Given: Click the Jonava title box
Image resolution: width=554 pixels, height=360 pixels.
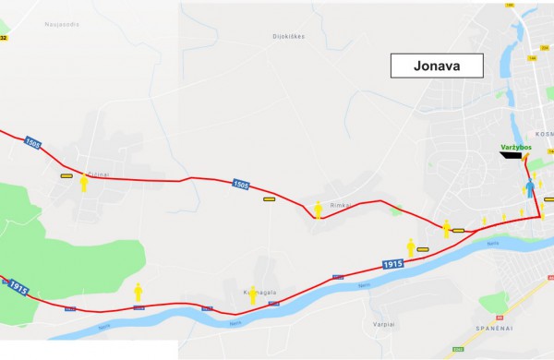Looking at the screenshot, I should point(438,66).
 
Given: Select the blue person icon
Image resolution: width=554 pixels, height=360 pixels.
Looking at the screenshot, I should point(530,190).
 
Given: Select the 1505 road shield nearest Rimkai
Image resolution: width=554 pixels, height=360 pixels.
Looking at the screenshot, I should point(240,186).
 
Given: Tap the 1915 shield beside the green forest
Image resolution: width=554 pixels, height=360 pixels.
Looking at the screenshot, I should point(17,287).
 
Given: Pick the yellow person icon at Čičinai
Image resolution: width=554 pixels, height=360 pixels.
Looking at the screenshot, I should point(84,183).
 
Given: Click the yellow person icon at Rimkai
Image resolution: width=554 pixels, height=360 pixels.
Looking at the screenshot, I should point(319,211).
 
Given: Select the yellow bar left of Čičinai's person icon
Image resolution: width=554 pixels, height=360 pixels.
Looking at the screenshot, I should point(66,175).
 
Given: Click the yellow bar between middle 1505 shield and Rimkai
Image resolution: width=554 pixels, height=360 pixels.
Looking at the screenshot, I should point(269,198).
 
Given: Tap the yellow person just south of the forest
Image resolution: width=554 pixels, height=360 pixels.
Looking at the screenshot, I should point(138,292).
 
